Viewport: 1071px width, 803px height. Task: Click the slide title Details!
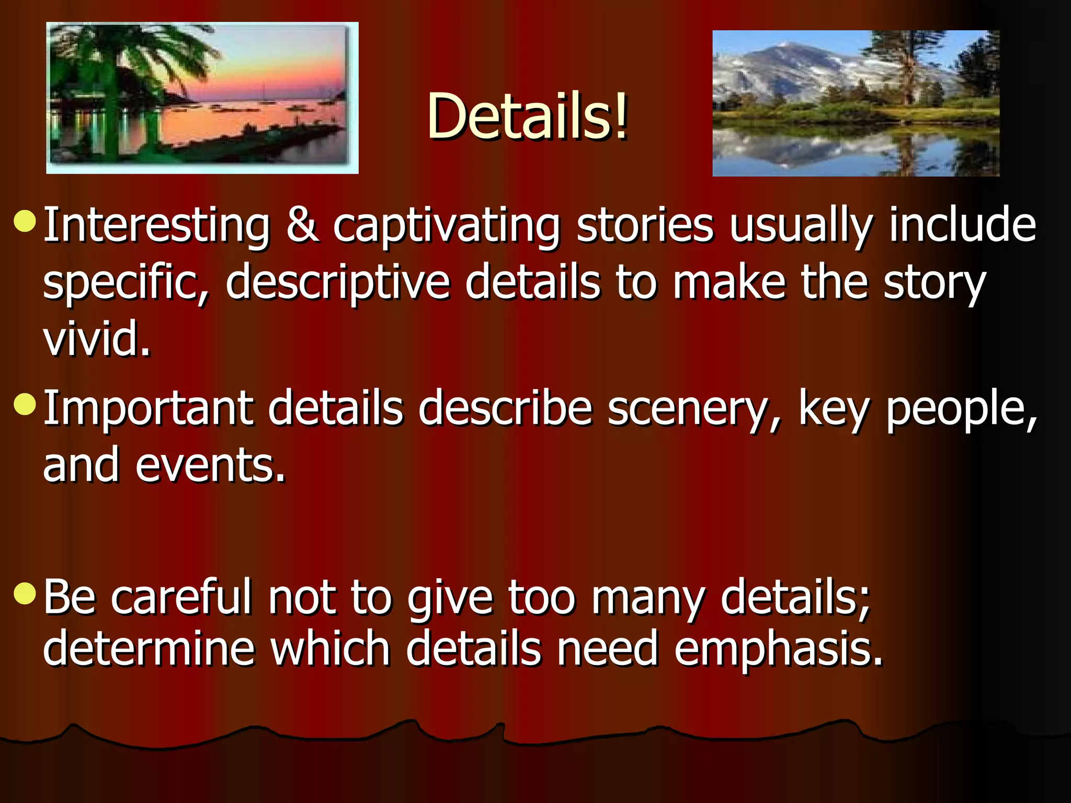point(527,116)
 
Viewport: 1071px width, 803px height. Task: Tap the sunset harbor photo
point(202,98)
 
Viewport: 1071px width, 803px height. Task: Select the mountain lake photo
point(856,104)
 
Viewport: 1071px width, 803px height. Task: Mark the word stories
point(645,226)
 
